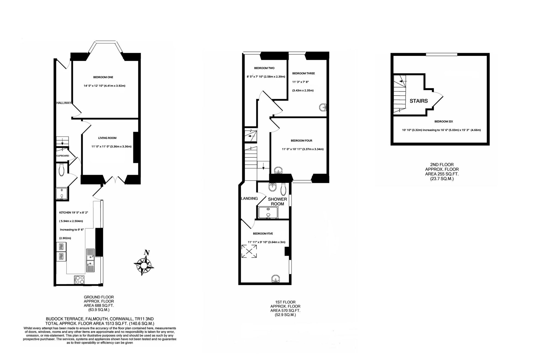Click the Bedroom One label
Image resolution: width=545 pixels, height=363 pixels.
pyautogui.click(x=103, y=77)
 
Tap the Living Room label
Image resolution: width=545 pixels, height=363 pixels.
pyautogui.click(x=107, y=138)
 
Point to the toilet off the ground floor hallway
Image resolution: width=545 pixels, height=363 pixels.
pyautogui.click(x=61, y=170)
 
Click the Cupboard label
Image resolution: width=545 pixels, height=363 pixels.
pyautogui.click(x=63, y=156)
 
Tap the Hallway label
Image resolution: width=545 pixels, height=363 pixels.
pyautogui.click(x=64, y=103)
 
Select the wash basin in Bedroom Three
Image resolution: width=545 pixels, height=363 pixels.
pyautogui.click(x=323, y=108)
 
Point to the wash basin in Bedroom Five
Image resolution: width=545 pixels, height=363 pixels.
pyautogui.click(x=276, y=279)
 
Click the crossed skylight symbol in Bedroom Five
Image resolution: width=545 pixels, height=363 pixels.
pyautogui.click(x=249, y=251)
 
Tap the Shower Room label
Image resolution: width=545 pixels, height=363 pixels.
pyautogui.click(x=277, y=202)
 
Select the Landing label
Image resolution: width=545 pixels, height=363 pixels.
pyautogui.click(x=249, y=199)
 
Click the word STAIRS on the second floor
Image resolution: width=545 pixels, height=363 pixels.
pyautogui.click(x=419, y=101)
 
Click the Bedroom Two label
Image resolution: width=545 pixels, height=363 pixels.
pyautogui.click(x=264, y=68)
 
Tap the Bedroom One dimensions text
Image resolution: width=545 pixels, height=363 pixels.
pyautogui.click(x=104, y=86)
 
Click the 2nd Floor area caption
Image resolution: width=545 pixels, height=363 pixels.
pyautogui.click(x=442, y=172)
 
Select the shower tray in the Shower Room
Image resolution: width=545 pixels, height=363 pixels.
pyautogui.click(x=268, y=213)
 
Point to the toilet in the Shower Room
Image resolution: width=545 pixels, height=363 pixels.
pyautogui.click(x=283, y=189)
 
